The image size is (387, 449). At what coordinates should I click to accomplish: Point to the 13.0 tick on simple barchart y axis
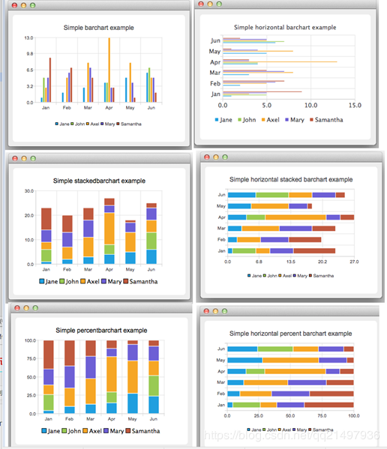coord(28,37)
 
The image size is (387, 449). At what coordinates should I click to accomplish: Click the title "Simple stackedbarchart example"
coord(99,181)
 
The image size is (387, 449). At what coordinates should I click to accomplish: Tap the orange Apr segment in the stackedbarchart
coord(109,229)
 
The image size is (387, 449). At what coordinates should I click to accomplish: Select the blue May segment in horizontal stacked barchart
coord(240,205)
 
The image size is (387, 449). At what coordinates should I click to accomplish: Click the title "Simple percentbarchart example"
coord(101,330)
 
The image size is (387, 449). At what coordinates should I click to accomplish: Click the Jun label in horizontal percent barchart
coord(220,349)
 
